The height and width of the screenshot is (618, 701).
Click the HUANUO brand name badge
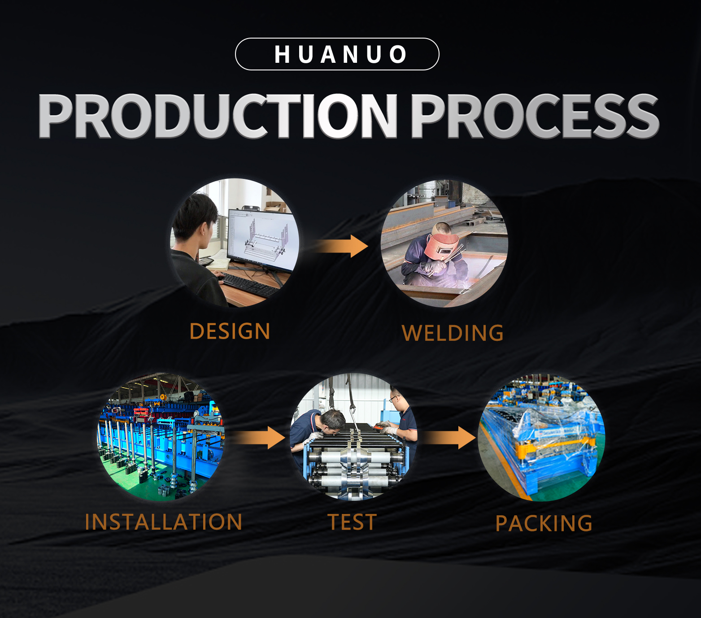pos(337,54)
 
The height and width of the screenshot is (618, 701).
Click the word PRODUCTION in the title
pos(218,116)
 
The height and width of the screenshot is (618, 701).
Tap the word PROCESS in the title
pos(535,116)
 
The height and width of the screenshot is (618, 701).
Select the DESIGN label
pos(230,331)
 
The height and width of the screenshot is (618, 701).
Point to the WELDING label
pos(453,333)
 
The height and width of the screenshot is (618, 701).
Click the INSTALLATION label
pos(163,522)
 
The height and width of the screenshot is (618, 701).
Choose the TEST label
pos(352,522)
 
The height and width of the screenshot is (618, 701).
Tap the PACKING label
pos(544,523)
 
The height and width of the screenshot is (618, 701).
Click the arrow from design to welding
pos(340,246)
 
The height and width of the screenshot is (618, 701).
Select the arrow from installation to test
pos(259,438)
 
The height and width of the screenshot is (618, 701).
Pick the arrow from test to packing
pos(449,438)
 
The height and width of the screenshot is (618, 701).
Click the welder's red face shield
pos(441,246)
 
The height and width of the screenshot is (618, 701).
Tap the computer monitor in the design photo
pos(262,240)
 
